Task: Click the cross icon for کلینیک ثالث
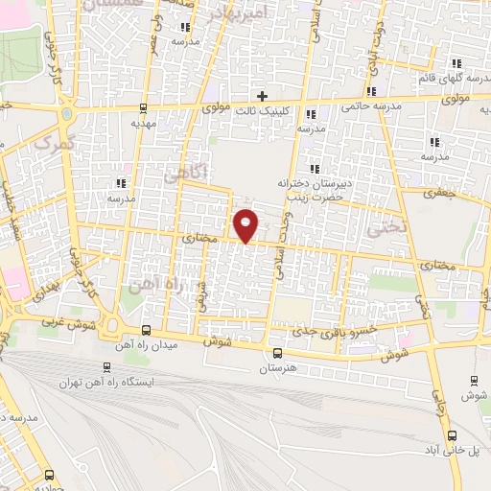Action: pyautogui.click(x=262, y=95)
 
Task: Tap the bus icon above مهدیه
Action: pyautogui.click(x=143, y=108)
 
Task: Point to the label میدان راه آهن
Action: pyautogui.click(x=142, y=343)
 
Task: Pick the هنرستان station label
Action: pyautogui.click(x=278, y=367)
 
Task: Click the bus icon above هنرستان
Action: pyautogui.click(x=278, y=353)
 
